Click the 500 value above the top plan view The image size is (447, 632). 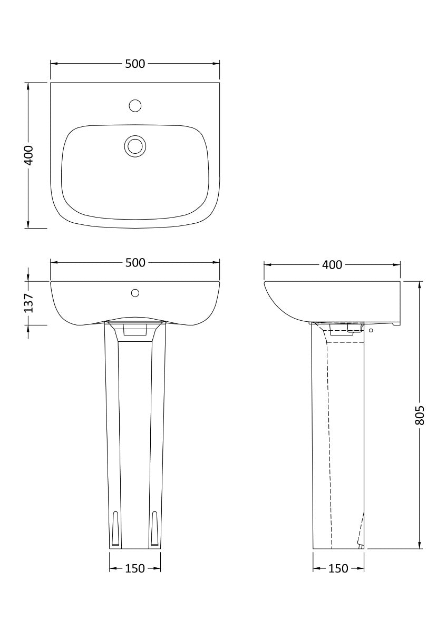(x=135, y=64)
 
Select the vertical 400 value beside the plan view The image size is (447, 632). (x=29, y=155)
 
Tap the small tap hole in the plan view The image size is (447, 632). (x=135, y=105)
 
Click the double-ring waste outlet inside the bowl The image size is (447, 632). (x=135, y=145)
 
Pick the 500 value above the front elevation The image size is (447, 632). (x=135, y=263)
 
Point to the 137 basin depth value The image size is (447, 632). (x=29, y=303)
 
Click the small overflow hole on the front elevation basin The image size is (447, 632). (x=135, y=292)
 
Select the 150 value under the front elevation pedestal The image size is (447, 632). (x=135, y=568)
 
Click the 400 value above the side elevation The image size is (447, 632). (x=332, y=264)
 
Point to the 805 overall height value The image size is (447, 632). (x=420, y=415)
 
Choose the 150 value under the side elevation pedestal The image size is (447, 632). (x=338, y=568)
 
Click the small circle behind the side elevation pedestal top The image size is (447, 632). (x=371, y=330)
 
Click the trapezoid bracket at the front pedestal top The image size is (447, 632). (x=135, y=330)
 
